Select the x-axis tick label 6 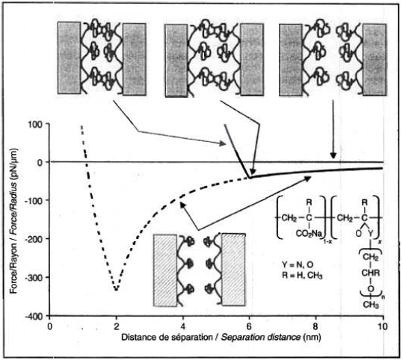point(249,326)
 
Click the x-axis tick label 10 point(383,326)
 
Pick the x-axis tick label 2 point(117,326)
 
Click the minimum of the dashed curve point(117,290)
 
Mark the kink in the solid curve point(250,178)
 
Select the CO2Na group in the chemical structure point(309,234)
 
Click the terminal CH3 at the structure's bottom point(371,305)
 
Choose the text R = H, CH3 point(302,276)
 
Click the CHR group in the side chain point(371,273)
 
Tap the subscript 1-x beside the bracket point(327,241)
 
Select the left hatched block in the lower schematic point(165,270)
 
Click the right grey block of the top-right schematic point(375,60)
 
